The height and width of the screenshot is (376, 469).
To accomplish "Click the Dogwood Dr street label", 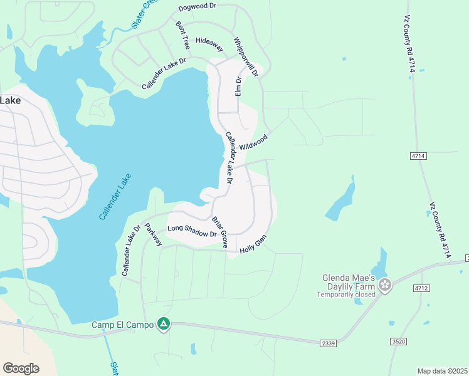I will point(198,8).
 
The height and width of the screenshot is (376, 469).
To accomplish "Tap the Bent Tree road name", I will point(183,36).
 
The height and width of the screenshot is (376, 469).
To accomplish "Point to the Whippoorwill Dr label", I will point(246,57).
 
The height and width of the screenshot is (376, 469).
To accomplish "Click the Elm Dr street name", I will point(238,86).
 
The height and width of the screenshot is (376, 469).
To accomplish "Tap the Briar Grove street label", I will point(219,232).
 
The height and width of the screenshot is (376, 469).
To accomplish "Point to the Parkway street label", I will point(154,234).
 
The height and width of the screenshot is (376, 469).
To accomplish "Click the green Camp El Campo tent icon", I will point(163,324).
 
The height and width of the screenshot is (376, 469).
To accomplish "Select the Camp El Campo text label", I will point(122,325).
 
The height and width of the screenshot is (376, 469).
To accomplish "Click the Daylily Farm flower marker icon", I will point(385,286).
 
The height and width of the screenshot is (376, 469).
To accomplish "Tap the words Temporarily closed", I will point(346,294).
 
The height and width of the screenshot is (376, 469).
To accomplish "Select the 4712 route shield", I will point(421,288).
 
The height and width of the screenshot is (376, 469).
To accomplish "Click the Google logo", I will point(21,368).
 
